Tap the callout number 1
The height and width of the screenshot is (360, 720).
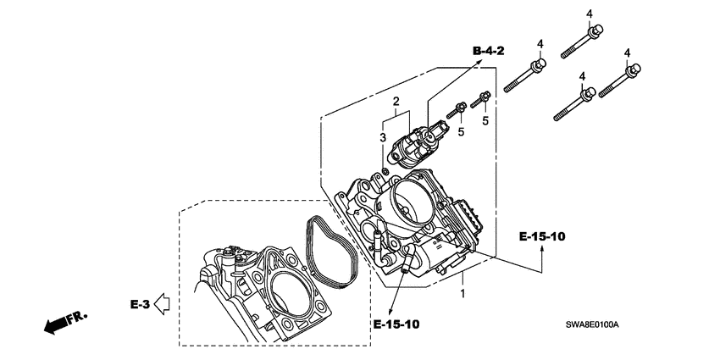click(462, 294)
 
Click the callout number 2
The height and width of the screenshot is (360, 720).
click(395, 102)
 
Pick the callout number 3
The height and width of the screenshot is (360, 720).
click(382, 137)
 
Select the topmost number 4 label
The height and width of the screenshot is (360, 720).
click(589, 12)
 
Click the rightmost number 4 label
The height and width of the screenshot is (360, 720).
click(628, 53)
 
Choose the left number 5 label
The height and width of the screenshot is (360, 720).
click(462, 132)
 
